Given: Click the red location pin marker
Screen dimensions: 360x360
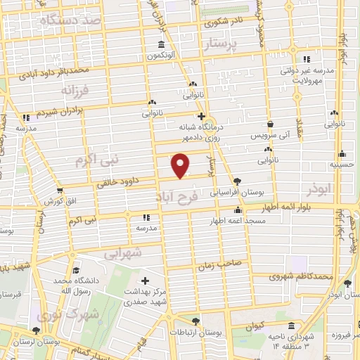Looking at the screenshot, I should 181,165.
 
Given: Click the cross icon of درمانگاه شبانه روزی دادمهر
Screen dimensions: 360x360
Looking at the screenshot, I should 202,116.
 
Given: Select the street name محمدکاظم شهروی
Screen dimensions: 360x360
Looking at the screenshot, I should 304,276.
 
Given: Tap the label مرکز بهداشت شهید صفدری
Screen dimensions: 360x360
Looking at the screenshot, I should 147,297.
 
